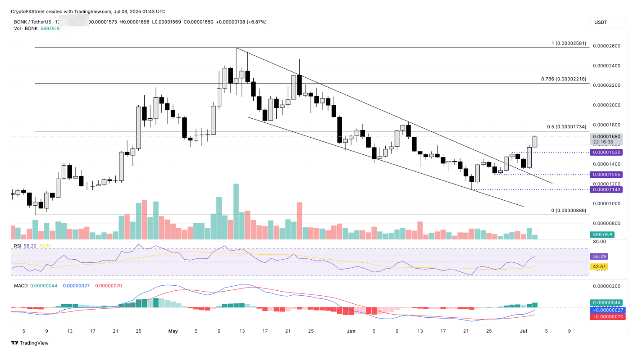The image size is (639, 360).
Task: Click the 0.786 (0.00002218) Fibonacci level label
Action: [x=564, y=79]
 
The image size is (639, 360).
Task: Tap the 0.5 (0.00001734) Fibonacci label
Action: [x=566, y=127]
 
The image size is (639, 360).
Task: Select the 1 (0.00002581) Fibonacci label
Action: [x=569, y=43]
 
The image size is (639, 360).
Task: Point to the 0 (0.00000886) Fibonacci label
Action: [x=569, y=211]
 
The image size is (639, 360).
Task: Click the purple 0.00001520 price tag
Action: [x=606, y=152]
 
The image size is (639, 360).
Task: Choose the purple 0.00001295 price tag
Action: [x=606, y=175]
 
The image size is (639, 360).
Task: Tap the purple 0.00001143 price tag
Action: [x=606, y=190]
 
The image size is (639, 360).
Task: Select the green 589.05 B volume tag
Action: [x=603, y=235]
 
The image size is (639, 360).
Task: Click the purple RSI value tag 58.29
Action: [x=599, y=256]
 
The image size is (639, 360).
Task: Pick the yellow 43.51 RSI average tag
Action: [x=599, y=266]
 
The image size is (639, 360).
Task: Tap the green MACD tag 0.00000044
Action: [x=606, y=303]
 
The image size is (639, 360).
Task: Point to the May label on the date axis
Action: [x=173, y=331]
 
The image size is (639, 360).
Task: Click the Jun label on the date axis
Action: [x=351, y=331]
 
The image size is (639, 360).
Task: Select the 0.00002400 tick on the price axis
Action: [x=606, y=66]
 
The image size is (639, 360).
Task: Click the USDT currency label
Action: [x=600, y=22]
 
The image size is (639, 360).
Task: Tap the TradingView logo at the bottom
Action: [x=30, y=343]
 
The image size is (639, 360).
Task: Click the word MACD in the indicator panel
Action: [x=21, y=286]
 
